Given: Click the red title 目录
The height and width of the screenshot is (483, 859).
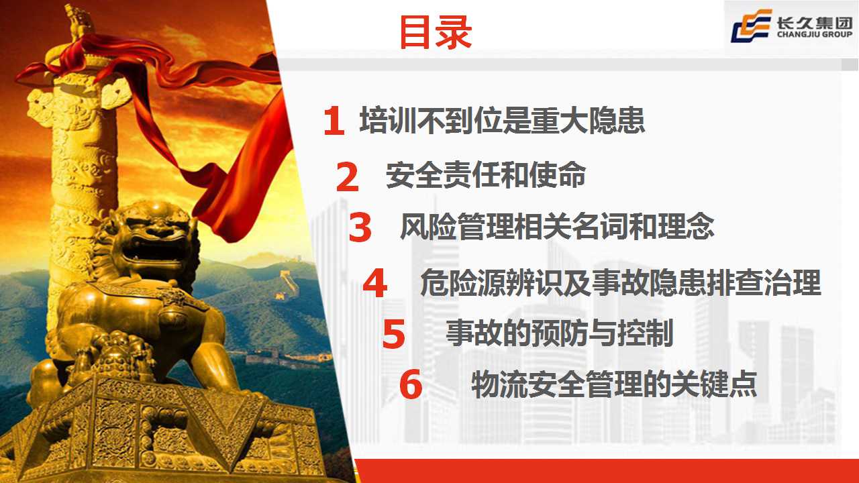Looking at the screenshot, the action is [x=436, y=32].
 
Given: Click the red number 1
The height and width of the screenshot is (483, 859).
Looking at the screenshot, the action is [x=334, y=121].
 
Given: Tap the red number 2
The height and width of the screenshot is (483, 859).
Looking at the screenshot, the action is [x=348, y=176].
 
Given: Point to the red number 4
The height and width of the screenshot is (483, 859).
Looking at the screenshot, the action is [x=374, y=283].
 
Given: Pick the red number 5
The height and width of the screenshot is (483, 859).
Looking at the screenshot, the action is [x=393, y=334].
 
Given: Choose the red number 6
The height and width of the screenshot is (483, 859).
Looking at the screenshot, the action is [x=411, y=384].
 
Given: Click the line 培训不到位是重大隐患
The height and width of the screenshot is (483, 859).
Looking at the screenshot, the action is [x=502, y=120].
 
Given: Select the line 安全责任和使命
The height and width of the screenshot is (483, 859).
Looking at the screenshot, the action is [x=485, y=175].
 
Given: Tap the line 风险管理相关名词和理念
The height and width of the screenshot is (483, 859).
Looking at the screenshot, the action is [x=557, y=226].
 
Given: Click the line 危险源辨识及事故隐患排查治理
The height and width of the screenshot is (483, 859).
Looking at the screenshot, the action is [x=621, y=282].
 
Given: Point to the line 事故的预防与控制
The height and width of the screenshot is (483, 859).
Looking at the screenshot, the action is [x=560, y=333].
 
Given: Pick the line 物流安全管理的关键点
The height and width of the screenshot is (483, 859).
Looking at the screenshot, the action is [x=614, y=384].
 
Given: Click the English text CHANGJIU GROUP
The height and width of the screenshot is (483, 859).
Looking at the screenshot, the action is [x=815, y=34].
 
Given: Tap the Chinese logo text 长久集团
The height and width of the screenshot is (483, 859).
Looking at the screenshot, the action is [x=815, y=22].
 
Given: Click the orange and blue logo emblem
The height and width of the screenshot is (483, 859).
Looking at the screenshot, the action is [x=752, y=25].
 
